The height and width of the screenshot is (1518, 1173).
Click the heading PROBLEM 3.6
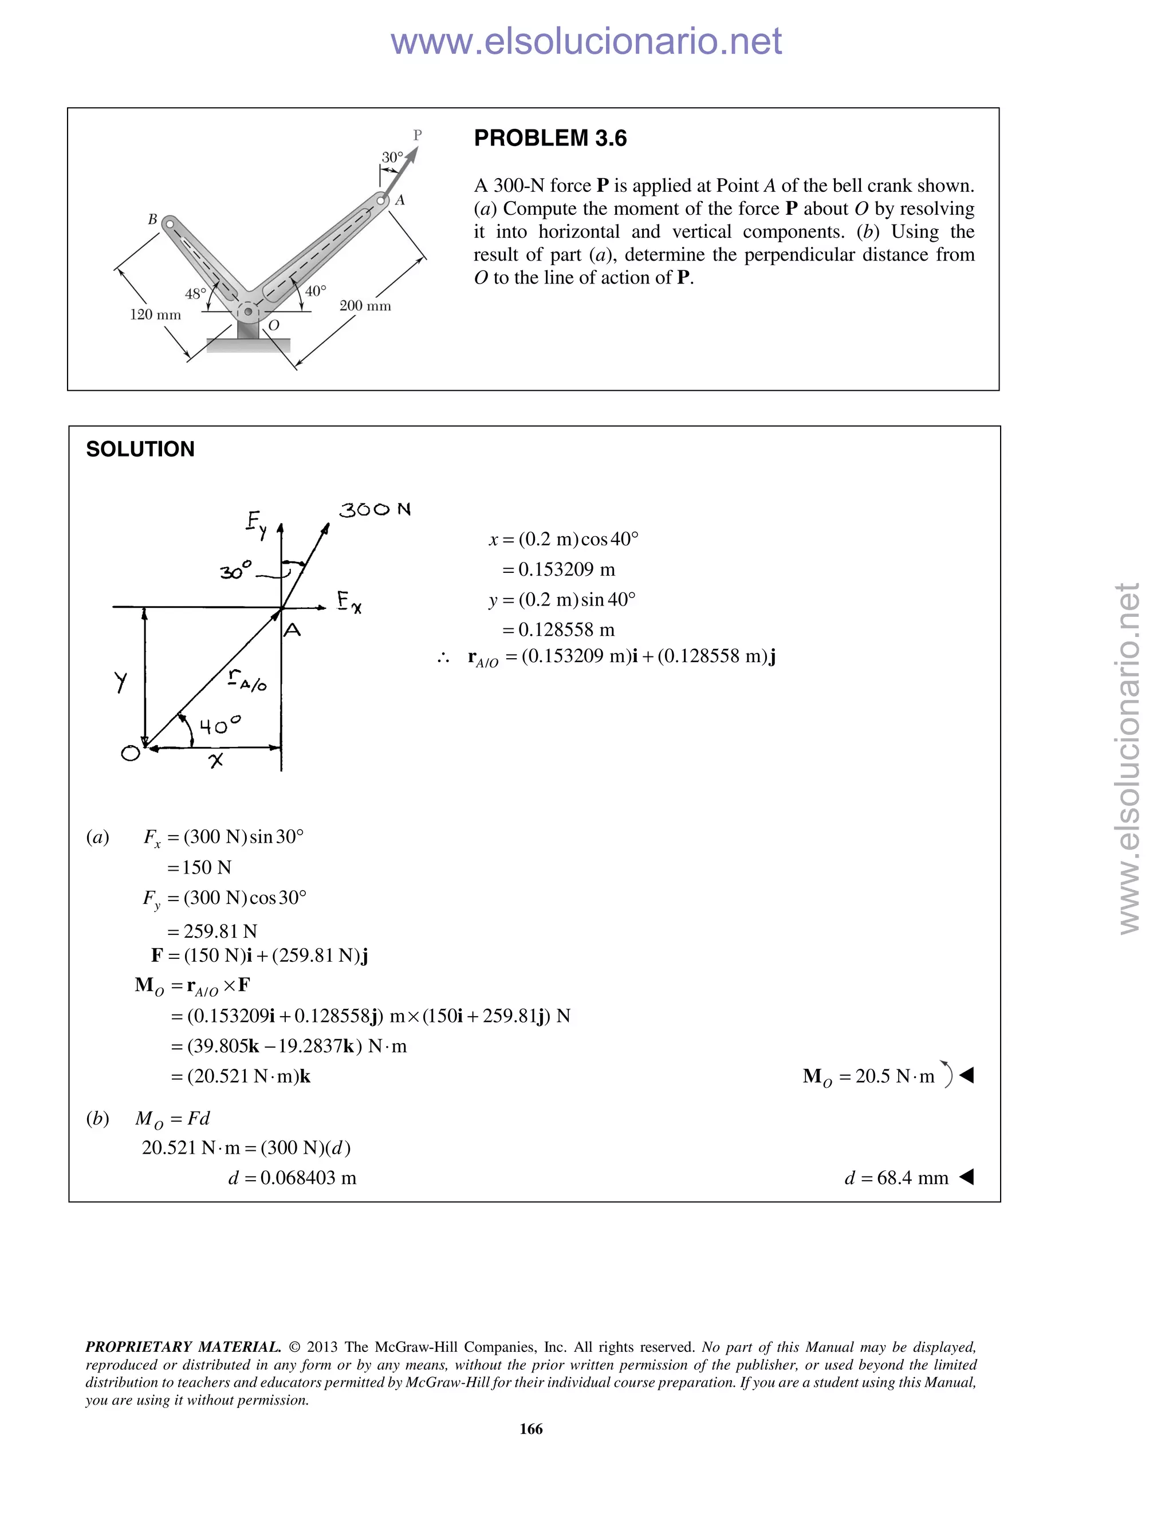[x=550, y=138]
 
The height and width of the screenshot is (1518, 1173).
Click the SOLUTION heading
[x=140, y=449]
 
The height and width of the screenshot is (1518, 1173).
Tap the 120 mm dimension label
[x=155, y=315]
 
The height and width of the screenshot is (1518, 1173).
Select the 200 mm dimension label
[x=365, y=306]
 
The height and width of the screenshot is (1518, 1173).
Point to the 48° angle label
[x=195, y=294]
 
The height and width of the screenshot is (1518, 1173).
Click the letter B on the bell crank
[x=152, y=219]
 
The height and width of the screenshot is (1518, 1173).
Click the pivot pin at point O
[x=248, y=312]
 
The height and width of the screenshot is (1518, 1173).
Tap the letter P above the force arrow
[x=417, y=135]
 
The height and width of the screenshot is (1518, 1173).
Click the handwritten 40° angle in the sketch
[x=219, y=726]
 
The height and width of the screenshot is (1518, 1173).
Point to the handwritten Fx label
[x=349, y=601]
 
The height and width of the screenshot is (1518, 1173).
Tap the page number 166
[x=531, y=1428]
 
